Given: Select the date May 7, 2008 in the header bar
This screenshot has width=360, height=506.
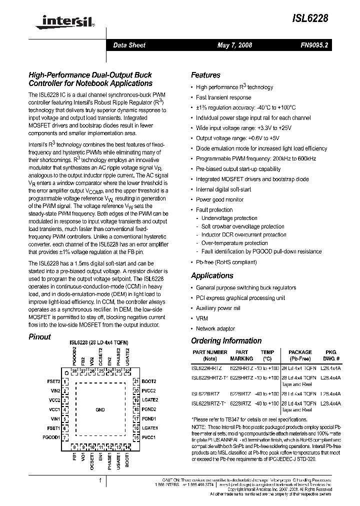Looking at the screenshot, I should coord(234,45).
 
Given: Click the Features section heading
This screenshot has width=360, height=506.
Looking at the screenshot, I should coord(205,75).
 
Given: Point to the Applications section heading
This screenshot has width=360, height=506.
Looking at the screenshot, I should coord(212,275).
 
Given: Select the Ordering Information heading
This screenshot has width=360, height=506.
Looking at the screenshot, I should coord(226,341).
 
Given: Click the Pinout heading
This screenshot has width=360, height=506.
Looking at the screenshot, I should coord(40,336).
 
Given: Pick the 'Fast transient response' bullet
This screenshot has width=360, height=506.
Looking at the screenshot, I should coord(223,97).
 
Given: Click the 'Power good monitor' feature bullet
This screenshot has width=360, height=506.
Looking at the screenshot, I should coord(219,199).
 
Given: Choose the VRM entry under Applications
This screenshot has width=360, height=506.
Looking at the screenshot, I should coord(201,318).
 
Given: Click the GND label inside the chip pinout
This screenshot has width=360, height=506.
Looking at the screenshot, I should coord(100,409).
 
